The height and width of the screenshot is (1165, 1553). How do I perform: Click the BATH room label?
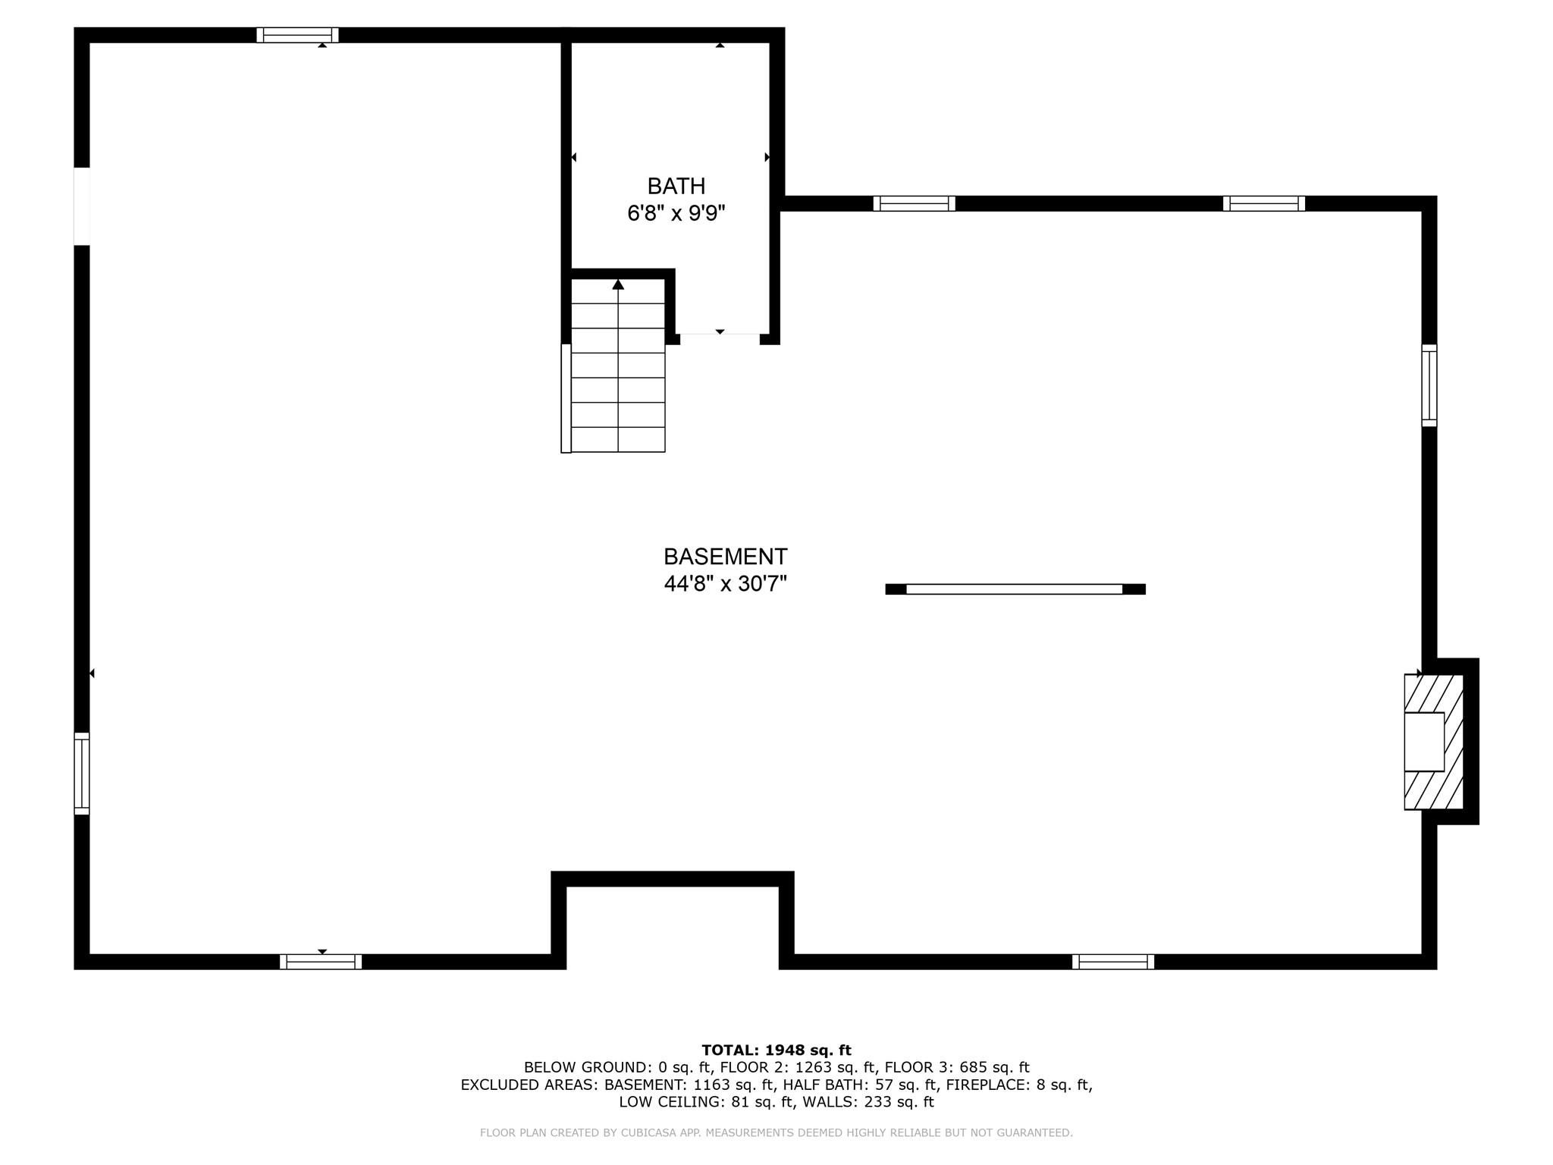tap(676, 186)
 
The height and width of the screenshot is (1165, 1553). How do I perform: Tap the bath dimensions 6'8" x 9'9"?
tap(676, 213)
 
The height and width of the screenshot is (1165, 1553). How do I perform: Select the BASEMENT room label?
tap(725, 557)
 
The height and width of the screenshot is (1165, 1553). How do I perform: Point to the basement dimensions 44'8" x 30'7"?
tap(725, 584)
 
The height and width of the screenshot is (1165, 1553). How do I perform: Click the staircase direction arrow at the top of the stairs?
tap(618, 284)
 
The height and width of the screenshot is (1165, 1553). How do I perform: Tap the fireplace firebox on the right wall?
tap(1424, 742)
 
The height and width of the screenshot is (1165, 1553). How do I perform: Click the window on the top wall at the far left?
tap(297, 35)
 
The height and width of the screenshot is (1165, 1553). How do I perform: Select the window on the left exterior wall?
tap(82, 774)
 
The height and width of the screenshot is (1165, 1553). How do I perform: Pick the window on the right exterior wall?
tap(1429, 385)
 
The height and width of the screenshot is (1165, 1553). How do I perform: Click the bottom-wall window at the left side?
tap(321, 962)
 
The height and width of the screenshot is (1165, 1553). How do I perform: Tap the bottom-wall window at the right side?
tap(1113, 962)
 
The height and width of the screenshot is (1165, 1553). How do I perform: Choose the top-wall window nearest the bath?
tap(914, 203)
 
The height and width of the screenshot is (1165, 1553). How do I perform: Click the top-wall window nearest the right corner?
tap(1264, 203)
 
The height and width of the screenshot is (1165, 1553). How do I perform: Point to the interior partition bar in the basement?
tap(1015, 589)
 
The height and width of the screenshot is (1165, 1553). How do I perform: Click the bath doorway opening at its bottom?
tap(720, 338)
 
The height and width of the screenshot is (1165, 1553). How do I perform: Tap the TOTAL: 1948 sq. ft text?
tap(776, 1050)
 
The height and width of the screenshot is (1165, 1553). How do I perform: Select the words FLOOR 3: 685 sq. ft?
tap(957, 1068)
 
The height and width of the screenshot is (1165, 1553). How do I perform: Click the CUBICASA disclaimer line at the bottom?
tap(776, 1133)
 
